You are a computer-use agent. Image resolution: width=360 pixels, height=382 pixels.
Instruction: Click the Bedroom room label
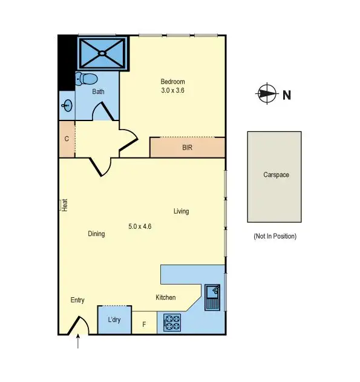click(x=172, y=82)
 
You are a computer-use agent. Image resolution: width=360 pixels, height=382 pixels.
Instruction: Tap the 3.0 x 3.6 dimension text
click(x=172, y=90)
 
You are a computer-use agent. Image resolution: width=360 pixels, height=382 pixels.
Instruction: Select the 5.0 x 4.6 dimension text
click(x=140, y=226)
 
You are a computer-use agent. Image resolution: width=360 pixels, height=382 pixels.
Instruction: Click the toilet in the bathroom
click(x=88, y=79)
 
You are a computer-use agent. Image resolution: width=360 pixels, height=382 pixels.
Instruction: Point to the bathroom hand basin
click(x=66, y=106)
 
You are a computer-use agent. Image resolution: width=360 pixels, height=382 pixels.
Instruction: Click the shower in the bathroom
click(x=102, y=53)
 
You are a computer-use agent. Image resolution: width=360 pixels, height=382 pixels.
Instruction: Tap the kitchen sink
click(x=213, y=297)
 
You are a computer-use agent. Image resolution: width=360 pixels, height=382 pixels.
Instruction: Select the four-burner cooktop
click(x=172, y=323)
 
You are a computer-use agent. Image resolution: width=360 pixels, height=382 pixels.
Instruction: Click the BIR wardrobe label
click(x=187, y=147)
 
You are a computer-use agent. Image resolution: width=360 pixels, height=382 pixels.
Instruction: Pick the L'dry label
click(x=114, y=320)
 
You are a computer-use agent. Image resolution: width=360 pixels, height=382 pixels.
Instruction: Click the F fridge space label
click(x=144, y=324)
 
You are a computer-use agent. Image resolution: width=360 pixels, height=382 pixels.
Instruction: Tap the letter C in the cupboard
click(x=67, y=139)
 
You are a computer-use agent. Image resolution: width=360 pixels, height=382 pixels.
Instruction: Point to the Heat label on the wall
click(x=64, y=206)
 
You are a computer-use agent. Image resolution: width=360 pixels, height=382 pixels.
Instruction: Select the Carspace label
click(x=275, y=175)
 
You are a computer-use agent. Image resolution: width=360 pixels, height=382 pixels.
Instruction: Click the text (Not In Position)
click(x=275, y=236)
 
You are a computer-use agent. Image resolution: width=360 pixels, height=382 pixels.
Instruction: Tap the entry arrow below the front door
click(x=79, y=343)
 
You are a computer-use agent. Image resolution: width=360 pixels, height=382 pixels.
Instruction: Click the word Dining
click(x=96, y=234)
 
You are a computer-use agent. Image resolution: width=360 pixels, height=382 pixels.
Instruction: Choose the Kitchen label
click(x=166, y=297)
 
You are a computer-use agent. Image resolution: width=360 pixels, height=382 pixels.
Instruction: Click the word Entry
click(x=77, y=300)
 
